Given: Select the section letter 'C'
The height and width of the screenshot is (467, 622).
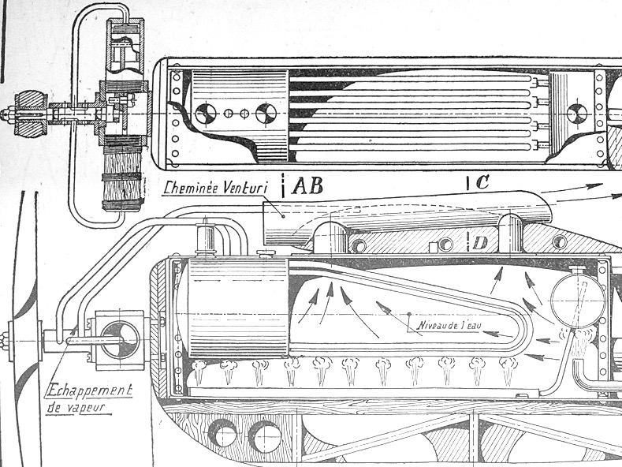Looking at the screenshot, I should tap(482, 183).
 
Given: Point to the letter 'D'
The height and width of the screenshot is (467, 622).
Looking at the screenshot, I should tap(482, 237).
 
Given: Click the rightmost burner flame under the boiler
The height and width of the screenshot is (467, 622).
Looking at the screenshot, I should tap(508, 368).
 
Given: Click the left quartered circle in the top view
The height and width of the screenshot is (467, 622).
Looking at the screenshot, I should tap(210, 114).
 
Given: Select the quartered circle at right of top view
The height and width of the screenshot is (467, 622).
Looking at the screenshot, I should tap(578, 113).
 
